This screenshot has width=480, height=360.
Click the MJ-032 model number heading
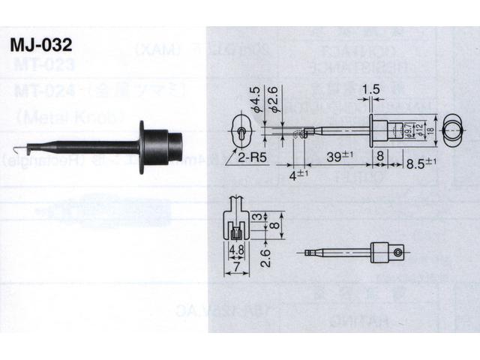pos(41,42)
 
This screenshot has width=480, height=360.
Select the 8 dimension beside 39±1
pos(380,157)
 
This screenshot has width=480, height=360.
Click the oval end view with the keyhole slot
pos(241,132)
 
